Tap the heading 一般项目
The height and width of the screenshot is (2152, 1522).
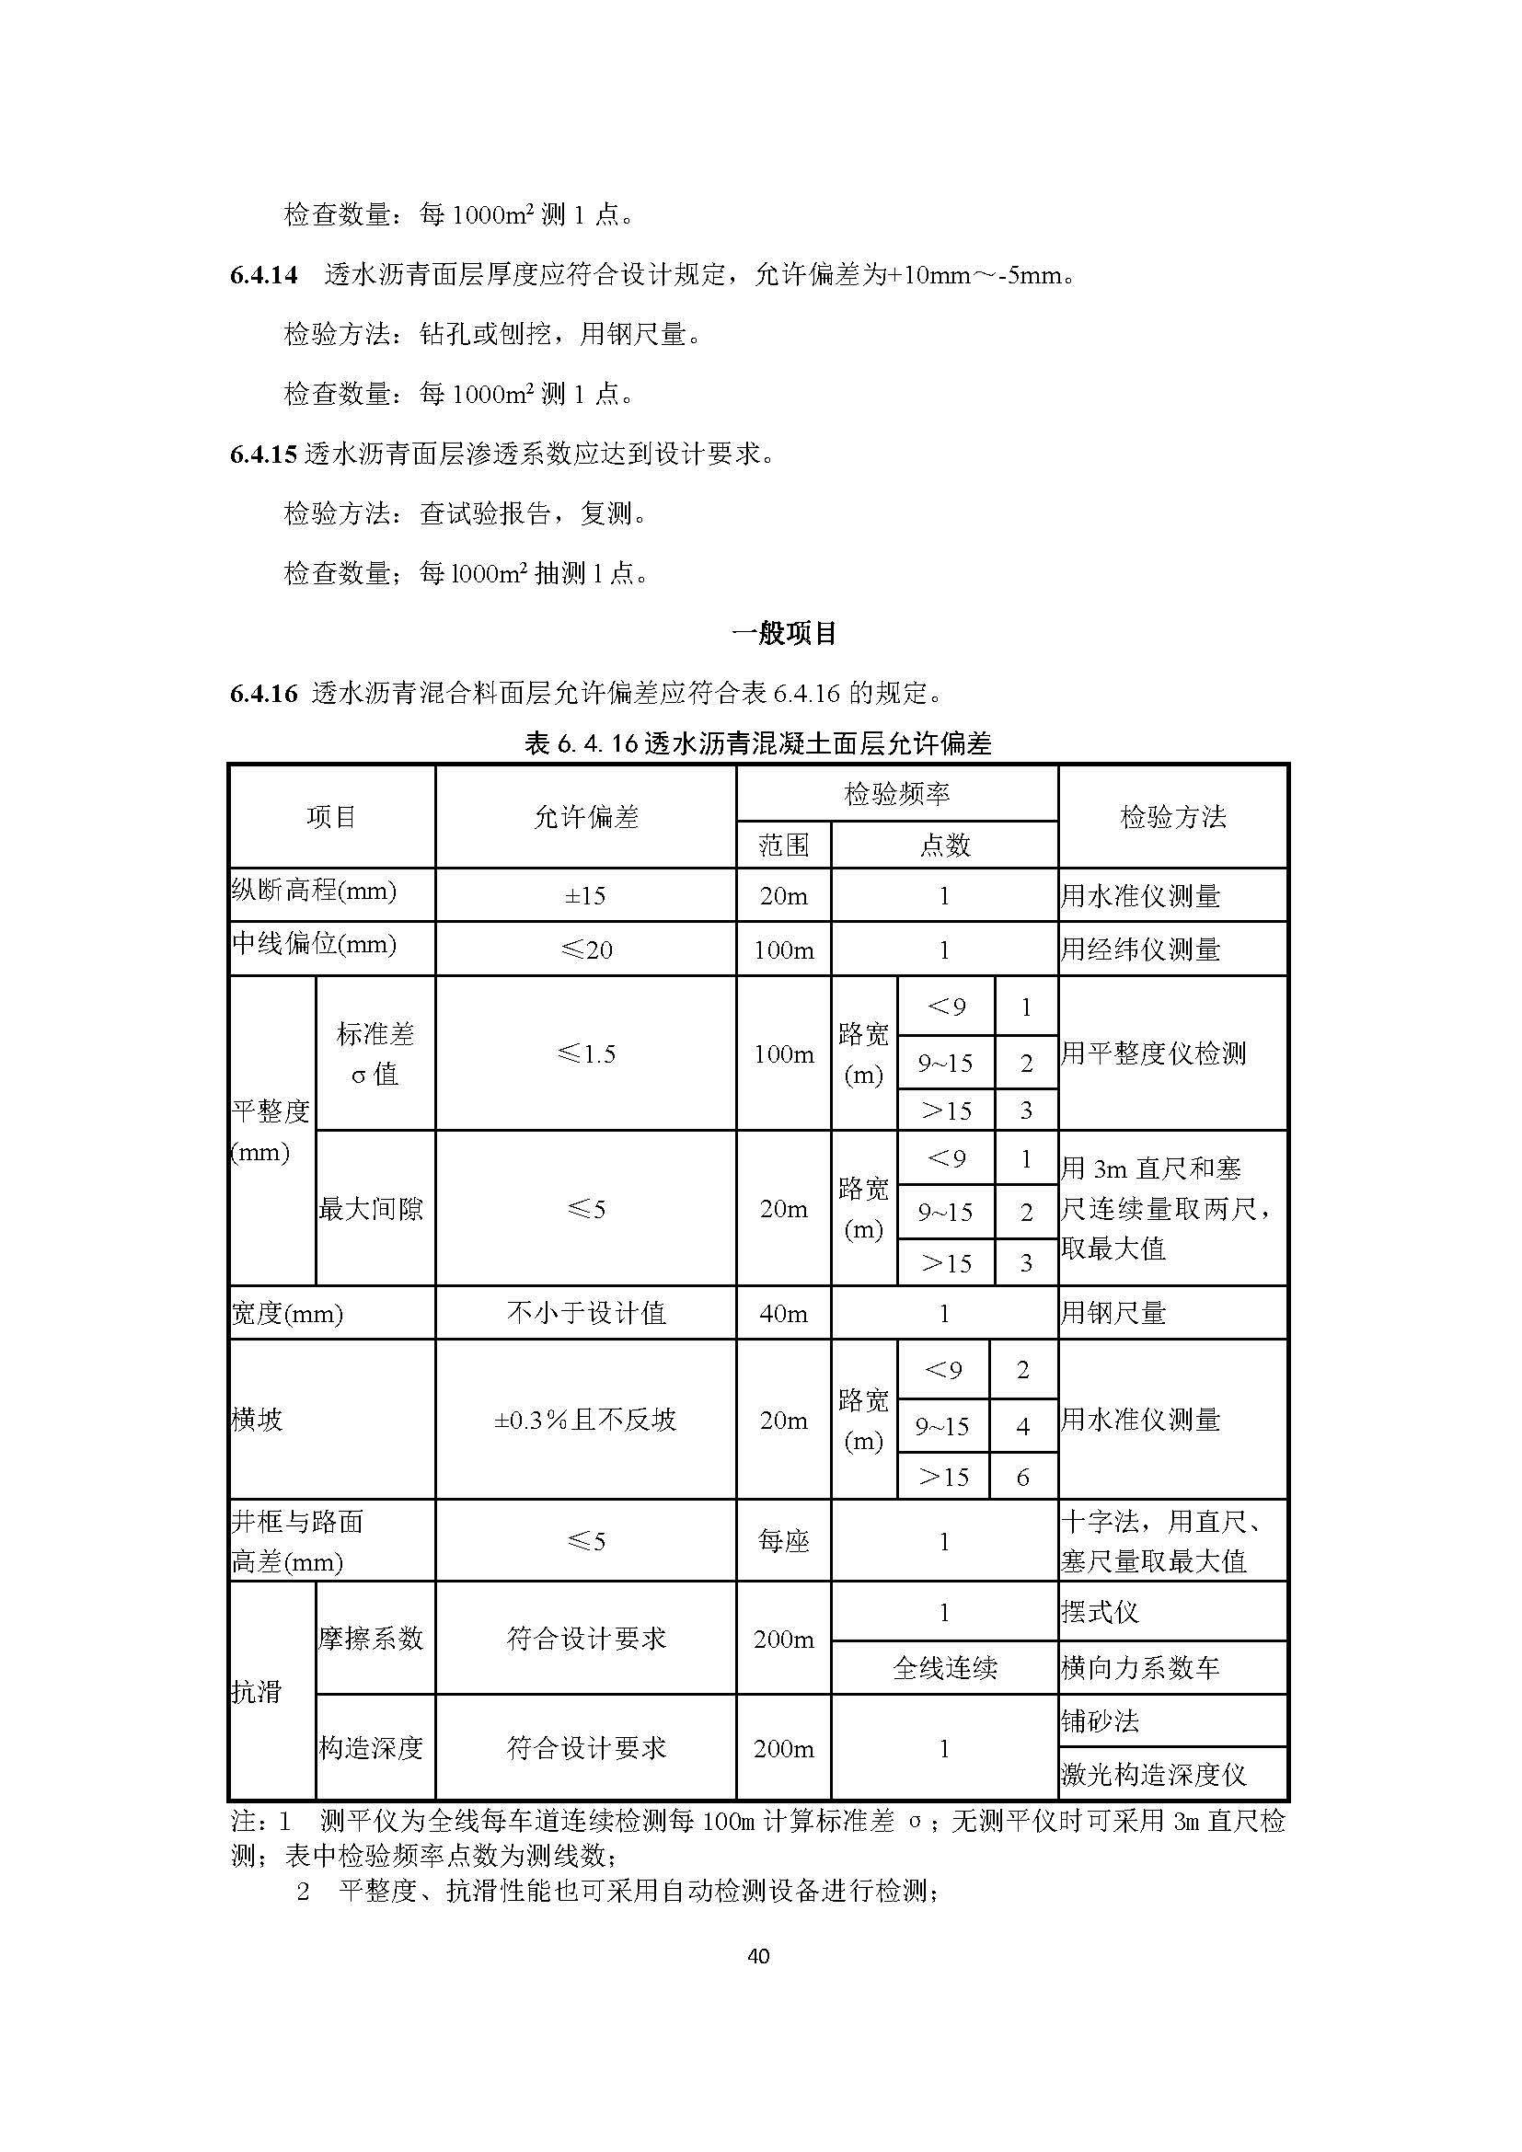pos(783,634)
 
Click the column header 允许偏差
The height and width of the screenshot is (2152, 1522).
pos(586,817)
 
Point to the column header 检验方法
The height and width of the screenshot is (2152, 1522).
pos(1172,817)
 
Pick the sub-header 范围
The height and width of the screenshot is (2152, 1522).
pos(783,846)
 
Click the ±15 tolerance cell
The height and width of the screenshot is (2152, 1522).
pos(586,896)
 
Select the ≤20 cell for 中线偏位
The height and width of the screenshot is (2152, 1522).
pos(586,949)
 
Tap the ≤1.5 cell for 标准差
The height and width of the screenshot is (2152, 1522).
pos(586,1053)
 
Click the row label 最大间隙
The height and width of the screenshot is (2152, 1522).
pos(372,1209)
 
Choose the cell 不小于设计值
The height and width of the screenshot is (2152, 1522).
pos(586,1313)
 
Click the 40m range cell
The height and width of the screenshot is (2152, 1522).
pos(783,1313)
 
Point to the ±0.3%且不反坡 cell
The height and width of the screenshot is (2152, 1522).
pos(586,1420)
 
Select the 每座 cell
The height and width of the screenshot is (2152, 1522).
pos(783,1542)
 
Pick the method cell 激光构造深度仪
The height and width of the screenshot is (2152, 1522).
pos(1154,1774)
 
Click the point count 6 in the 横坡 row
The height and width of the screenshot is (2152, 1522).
pos(1023,1479)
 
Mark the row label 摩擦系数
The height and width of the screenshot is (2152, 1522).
pos(372,1640)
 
